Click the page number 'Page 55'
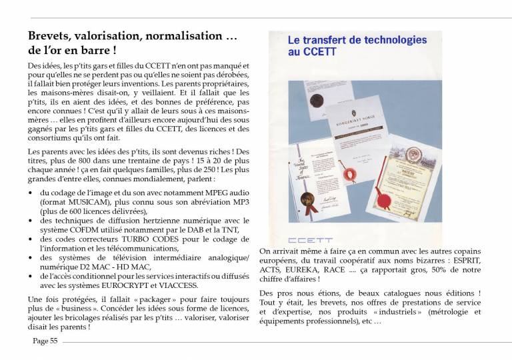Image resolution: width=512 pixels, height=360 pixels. tap(45, 341)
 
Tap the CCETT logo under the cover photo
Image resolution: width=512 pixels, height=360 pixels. tap(306, 239)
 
